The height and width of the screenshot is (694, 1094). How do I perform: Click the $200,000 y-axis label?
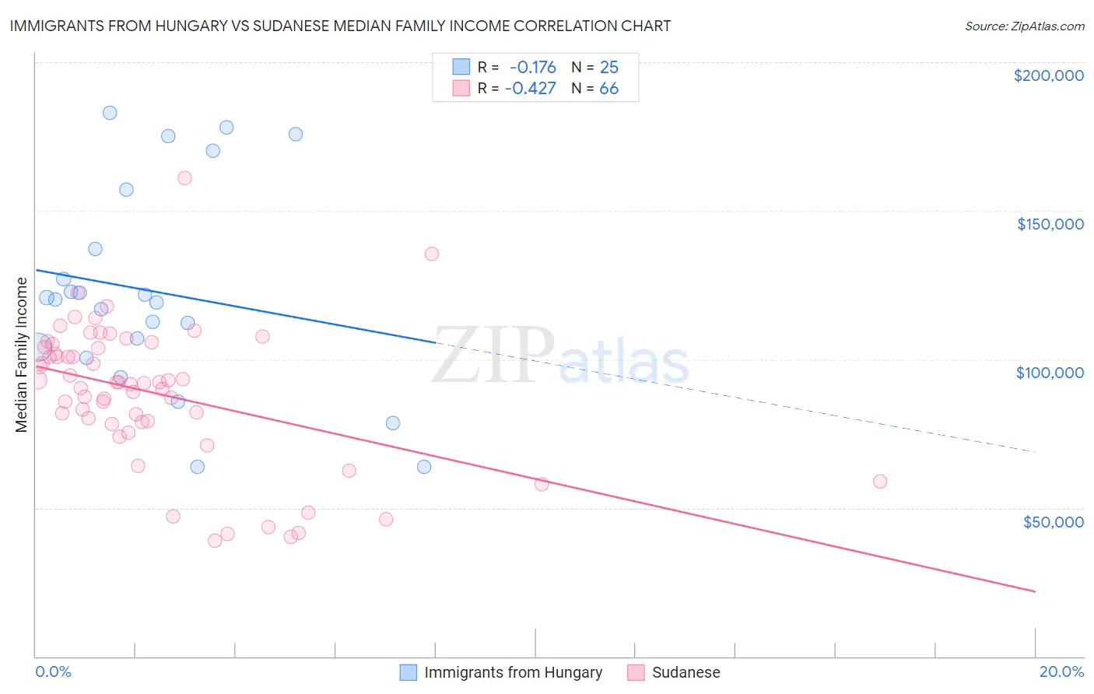point(1048,75)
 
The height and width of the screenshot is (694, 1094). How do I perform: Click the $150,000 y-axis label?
point(1050,224)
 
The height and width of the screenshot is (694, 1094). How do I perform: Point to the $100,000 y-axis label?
point(1050,373)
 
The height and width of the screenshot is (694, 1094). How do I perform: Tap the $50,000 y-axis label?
point(1053,521)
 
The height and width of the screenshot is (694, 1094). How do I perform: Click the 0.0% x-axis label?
point(53,671)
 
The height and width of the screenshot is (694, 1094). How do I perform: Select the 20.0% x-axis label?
point(1061,671)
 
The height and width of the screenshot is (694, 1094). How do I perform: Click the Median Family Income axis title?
point(21,355)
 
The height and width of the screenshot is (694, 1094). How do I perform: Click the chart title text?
point(340,26)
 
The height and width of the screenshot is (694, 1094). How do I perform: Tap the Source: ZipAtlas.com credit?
point(1024,26)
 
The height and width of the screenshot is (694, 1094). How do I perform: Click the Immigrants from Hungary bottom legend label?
point(513,672)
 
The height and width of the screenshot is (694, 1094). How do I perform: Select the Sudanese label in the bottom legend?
point(686,672)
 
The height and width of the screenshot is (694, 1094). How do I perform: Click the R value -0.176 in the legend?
point(532,67)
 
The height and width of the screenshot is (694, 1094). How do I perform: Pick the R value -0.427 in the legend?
point(530,88)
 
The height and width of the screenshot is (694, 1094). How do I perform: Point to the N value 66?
point(608,88)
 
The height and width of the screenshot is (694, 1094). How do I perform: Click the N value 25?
point(608,67)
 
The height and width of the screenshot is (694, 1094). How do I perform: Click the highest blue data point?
point(110,113)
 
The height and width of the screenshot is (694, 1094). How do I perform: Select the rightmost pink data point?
point(880,481)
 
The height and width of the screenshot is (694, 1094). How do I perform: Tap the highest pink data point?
point(184,178)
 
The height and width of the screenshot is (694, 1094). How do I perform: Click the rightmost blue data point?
point(424,467)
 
